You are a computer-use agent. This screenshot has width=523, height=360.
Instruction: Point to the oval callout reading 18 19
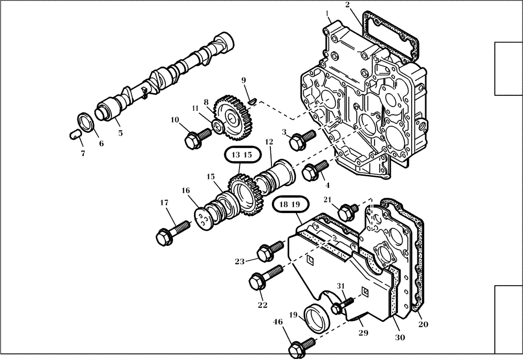(x=285, y=204)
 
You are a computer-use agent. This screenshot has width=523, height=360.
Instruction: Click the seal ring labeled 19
(x=317, y=316)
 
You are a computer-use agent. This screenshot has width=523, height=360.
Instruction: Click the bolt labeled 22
(x=264, y=277)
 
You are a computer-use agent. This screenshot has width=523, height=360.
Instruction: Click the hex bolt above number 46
(x=301, y=346)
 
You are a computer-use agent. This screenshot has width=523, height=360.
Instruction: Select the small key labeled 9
(x=252, y=99)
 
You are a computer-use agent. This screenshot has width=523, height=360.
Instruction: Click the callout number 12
(x=269, y=142)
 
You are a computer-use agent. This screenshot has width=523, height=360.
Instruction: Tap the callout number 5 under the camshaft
(x=120, y=133)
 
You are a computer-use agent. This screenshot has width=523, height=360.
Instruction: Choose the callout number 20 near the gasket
(x=423, y=324)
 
